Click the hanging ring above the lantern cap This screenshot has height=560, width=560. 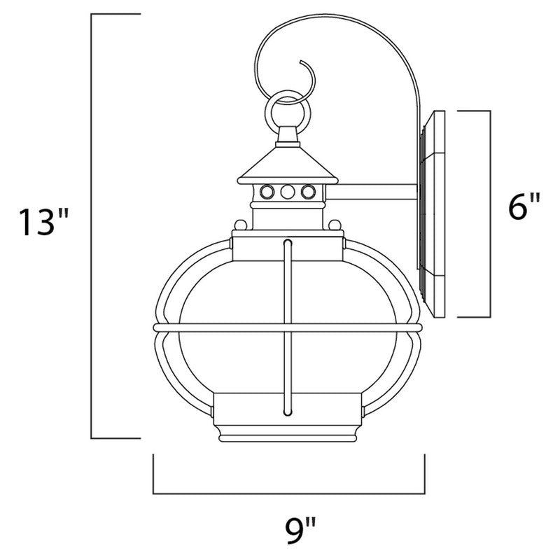pyautogui.click(x=286, y=108)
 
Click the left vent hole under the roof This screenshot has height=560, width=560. pyautogui.click(x=266, y=190)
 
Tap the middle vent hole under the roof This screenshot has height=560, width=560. pyautogui.click(x=286, y=190)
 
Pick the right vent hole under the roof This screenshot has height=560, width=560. pyautogui.click(x=306, y=190)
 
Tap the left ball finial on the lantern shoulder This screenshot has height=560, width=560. pyautogui.click(x=239, y=225)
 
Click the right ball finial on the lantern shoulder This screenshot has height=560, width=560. pyautogui.click(x=334, y=225)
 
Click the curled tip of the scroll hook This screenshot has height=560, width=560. pyautogui.click(x=305, y=66)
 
